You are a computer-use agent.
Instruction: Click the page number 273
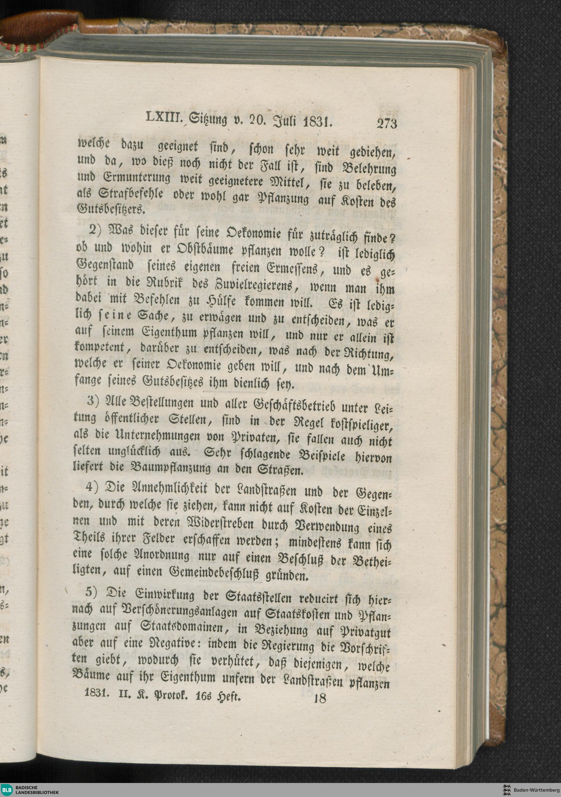386,123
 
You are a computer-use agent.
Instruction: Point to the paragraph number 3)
94,401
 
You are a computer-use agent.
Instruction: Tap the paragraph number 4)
93,487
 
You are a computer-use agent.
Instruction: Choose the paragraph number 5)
92,592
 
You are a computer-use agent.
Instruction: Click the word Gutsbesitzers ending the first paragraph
109,208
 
